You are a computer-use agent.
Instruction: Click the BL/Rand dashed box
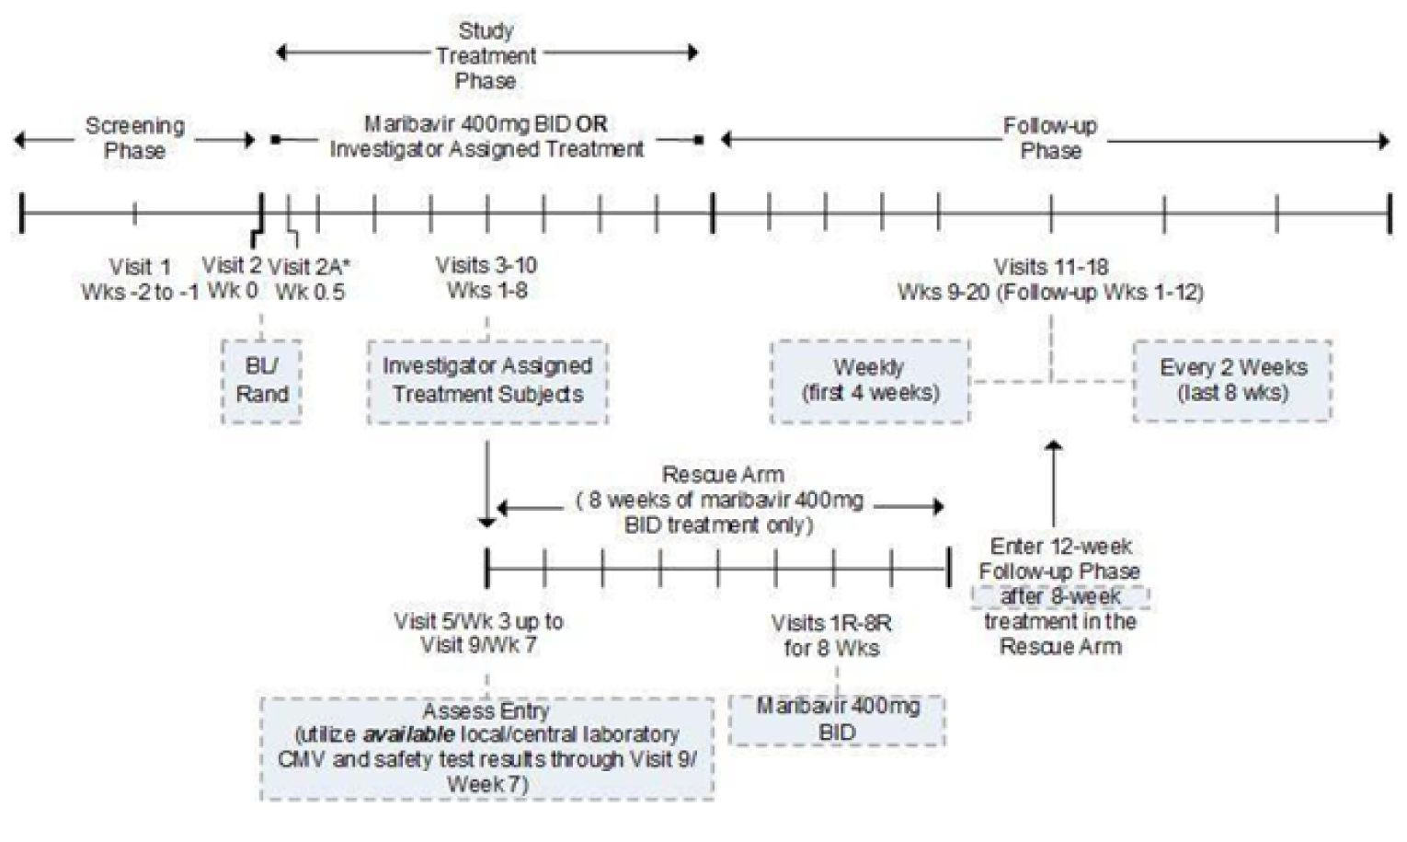[261, 381]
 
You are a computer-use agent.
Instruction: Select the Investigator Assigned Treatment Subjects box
[487, 381]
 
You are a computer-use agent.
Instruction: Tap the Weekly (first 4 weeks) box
[870, 381]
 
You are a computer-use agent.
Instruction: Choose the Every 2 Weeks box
[1232, 381]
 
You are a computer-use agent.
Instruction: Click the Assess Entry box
[486, 748]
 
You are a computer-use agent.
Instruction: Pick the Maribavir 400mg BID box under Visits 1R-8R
[837, 720]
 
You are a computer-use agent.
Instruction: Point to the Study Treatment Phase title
[486, 55]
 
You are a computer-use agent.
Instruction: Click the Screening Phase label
[134, 138]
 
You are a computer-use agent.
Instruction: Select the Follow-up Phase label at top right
[1050, 138]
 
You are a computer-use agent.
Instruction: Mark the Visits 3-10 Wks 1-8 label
[486, 278]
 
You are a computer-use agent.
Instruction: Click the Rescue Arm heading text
[723, 475]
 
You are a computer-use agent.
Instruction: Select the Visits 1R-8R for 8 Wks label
[831, 636]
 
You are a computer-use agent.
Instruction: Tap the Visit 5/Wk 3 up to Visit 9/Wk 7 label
[478, 632]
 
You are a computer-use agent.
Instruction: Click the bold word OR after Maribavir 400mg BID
[592, 124]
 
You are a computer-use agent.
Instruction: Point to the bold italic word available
[408, 735]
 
